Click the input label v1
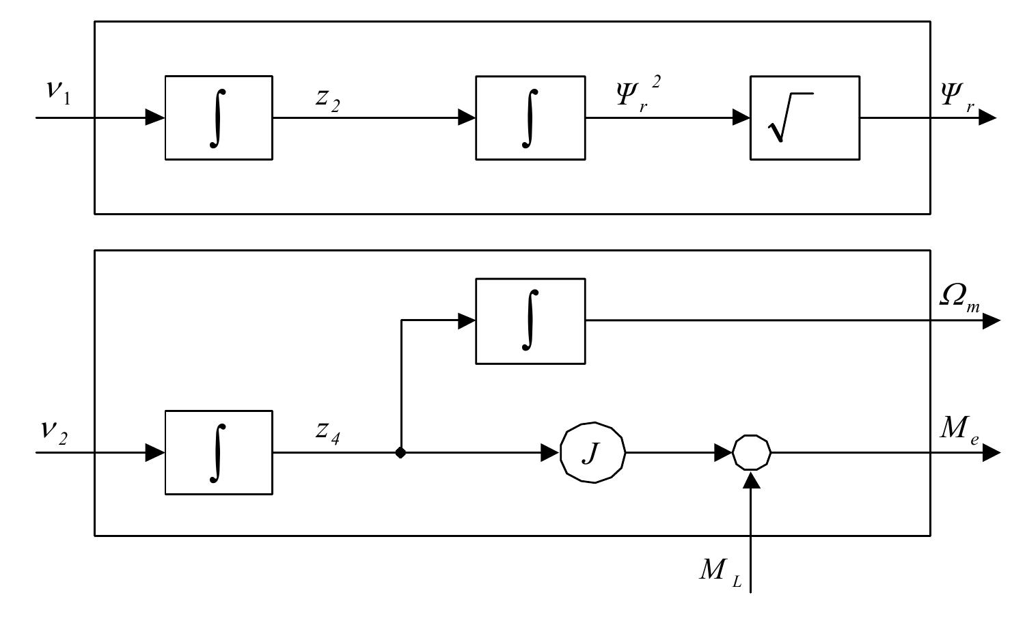(57, 92)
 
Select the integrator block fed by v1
(219, 118)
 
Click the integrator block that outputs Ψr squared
(530, 118)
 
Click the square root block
(804, 118)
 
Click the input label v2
(55, 430)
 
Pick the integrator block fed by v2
(219, 452)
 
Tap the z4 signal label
(327, 432)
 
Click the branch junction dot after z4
(400, 452)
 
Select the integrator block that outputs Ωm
(530, 320)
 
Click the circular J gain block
(592, 452)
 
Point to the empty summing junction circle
(752, 452)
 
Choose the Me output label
(959, 430)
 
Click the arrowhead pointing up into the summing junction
(752, 480)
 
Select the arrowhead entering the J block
(550, 452)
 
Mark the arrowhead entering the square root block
(741, 118)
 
